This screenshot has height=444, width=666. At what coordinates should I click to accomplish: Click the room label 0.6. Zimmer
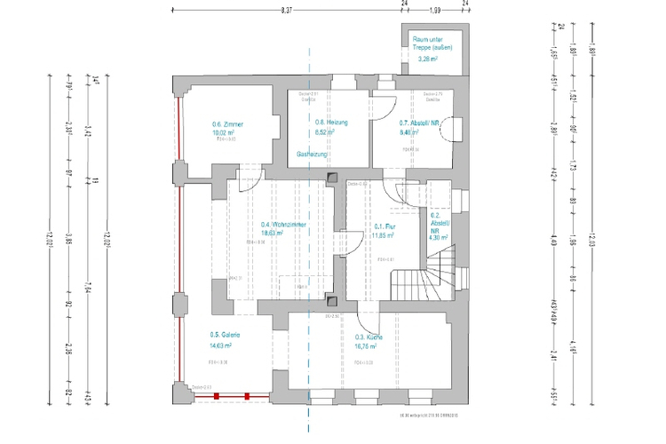(x=227, y=124)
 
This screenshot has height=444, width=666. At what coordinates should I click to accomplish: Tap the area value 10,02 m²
(x=227, y=132)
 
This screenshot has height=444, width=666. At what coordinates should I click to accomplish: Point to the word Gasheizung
(x=313, y=155)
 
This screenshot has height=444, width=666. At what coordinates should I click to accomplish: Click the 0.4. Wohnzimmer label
(x=284, y=225)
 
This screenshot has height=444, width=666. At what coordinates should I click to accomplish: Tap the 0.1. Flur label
(x=386, y=226)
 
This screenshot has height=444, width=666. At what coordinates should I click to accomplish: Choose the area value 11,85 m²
(x=385, y=235)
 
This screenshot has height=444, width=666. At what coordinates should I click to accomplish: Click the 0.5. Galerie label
(x=226, y=336)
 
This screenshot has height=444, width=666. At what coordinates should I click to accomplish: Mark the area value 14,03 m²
(x=225, y=345)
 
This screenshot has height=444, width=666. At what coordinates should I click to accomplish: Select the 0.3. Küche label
(x=369, y=337)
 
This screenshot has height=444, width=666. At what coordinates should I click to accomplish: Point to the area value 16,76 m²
(x=367, y=346)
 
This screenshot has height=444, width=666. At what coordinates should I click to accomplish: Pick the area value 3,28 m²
(x=431, y=59)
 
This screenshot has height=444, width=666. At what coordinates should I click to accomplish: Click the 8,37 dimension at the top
(x=286, y=11)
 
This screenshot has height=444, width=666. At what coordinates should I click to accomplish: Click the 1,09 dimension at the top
(x=435, y=11)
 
